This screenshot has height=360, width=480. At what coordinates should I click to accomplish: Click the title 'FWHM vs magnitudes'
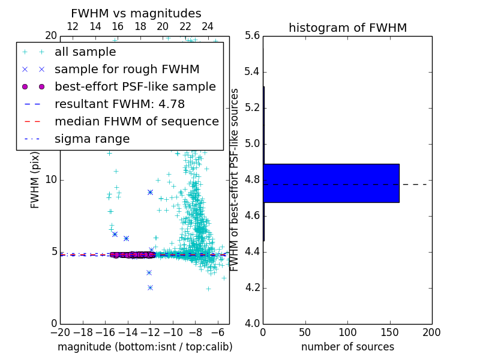pyautogui.click(x=136, y=14)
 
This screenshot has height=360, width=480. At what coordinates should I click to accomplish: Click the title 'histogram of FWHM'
pyautogui.click(x=347, y=28)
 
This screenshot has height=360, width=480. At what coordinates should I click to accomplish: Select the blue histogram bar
pyautogui.click(x=331, y=183)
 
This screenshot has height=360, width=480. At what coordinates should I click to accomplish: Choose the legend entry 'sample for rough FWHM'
pyautogui.click(x=127, y=69)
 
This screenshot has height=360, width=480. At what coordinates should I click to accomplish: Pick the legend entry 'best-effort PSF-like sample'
pyautogui.click(x=135, y=86)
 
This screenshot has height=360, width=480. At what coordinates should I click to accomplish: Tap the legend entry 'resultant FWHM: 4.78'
pyautogui.click(x=127, y=104)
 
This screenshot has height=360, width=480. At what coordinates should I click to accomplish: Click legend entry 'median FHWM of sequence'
pyautogui.click(x=136, y=121)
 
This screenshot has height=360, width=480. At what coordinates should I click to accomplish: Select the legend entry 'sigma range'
pyautogui.click(x=92, y=139)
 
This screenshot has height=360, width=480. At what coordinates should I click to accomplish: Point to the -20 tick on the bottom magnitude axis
pyautogui.click(x=60, y=332)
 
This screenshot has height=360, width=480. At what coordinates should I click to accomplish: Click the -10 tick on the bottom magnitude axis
pyautogui.click(x=173, y=332)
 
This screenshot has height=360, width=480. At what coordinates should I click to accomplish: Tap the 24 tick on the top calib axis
pyautogui.click(x=208, y=26)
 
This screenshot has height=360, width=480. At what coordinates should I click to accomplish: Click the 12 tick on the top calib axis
pyautogui.click(x=73, y=26)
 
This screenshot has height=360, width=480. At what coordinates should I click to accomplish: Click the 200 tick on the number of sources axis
pyautogui.click(x=431, y=332)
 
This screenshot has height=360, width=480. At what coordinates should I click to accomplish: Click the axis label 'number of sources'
pyautogui.click(x=347, y=347)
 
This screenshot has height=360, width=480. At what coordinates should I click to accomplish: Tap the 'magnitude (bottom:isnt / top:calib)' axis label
pyautogui.click(x=145, y=347)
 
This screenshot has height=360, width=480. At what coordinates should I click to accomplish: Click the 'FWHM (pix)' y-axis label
pyautogui.click(x=35, y=180)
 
